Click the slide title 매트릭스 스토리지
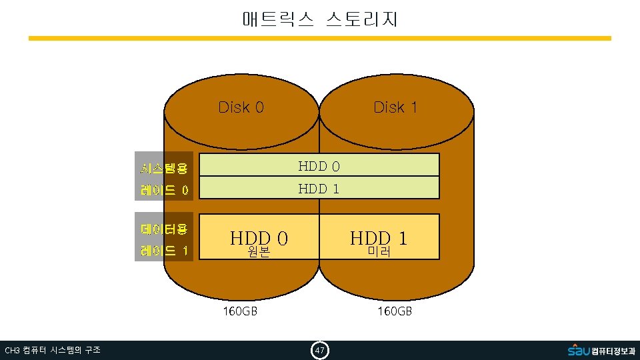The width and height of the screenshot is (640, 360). [x=320, y=19]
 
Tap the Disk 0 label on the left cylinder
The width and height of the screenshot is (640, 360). [x=241, y=107]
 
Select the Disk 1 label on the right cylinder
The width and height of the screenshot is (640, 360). [x=395, y=107]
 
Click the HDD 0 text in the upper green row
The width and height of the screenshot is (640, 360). [x=319, y=165]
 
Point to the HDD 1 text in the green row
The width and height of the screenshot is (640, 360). [x=319, y=189]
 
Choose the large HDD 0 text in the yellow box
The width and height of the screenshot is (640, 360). [x=259, y=237]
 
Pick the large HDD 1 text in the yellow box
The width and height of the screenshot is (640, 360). [x=379, y=237]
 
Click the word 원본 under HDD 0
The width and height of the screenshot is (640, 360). [x=259, y=253]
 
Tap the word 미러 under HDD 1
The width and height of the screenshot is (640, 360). [x=379, y=253]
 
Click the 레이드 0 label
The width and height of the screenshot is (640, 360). [x=164, y=191]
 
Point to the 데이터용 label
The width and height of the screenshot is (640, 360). [x=164, y=229]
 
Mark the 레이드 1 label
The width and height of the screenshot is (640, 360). [x=164, y=251]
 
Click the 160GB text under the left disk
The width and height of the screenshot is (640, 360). [x=240, y=311]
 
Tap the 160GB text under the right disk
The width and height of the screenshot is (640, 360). [x=395, y=311]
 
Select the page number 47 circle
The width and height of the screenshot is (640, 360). [x=320, y=350]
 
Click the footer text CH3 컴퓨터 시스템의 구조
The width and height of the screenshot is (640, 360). [x=53, y=350]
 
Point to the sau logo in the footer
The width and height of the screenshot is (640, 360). [x=579, y=349]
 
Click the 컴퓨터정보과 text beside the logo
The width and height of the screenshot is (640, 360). [x=613, y=351]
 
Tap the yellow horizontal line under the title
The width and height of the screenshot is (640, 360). [x=320, y=39]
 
